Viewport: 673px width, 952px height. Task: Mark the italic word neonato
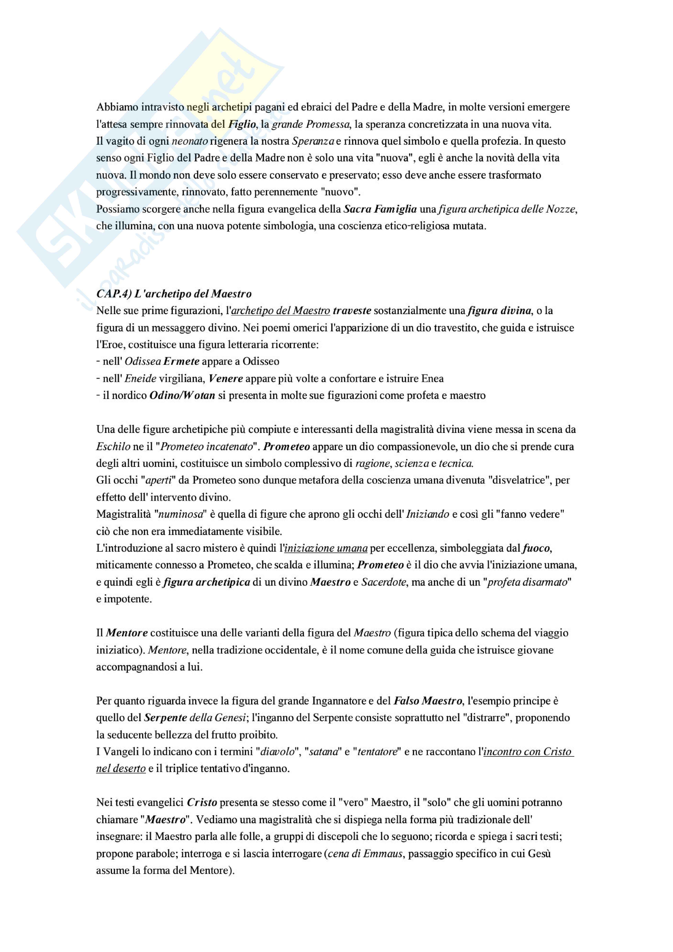tap(189, 141)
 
